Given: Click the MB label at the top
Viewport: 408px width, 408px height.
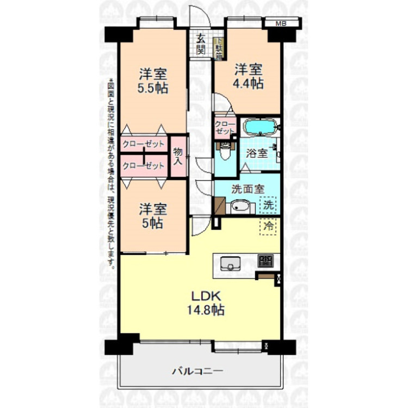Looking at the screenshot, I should pos(281,23).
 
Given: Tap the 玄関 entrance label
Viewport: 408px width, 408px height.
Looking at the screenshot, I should pos(201,45).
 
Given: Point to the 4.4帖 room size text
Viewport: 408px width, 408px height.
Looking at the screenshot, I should pos(249,84).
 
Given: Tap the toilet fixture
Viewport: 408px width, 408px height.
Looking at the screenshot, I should pos(224,153).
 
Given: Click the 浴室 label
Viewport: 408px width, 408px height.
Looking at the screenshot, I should pos(257,153).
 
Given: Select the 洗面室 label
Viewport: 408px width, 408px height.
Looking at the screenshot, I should pos(248,189).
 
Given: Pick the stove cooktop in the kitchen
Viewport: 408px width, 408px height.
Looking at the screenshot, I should pos(265,262).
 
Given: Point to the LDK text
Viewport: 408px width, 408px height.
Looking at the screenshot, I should pos(204,296).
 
